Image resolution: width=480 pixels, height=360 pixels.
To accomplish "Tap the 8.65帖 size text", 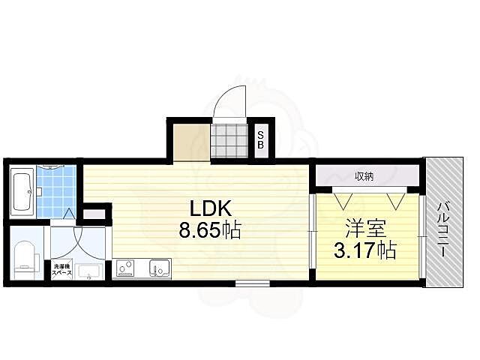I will click(x=208, y=232).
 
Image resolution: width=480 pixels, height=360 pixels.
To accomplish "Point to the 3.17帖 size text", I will click(x=365, y=249).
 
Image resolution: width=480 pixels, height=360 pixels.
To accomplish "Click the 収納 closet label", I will click(x=364, y=176).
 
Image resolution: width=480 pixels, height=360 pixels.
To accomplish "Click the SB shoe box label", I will click(x=260, y=140).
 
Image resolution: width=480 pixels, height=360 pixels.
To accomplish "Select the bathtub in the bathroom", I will click(x=22, y=193).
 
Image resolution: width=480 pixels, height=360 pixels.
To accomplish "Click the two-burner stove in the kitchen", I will click(x=124, y=268).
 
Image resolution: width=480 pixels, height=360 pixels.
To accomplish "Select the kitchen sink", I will click(x=159, y=268).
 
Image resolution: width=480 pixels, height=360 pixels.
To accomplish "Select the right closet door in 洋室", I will click(x=395, y=200).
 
